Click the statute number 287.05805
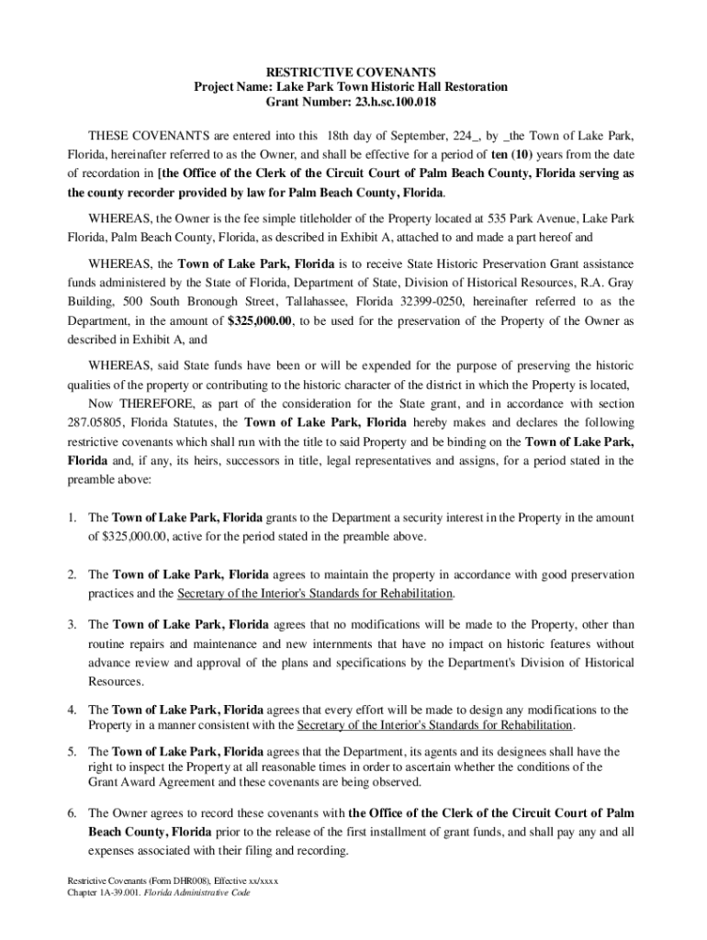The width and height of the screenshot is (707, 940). [x=103, y=422]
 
